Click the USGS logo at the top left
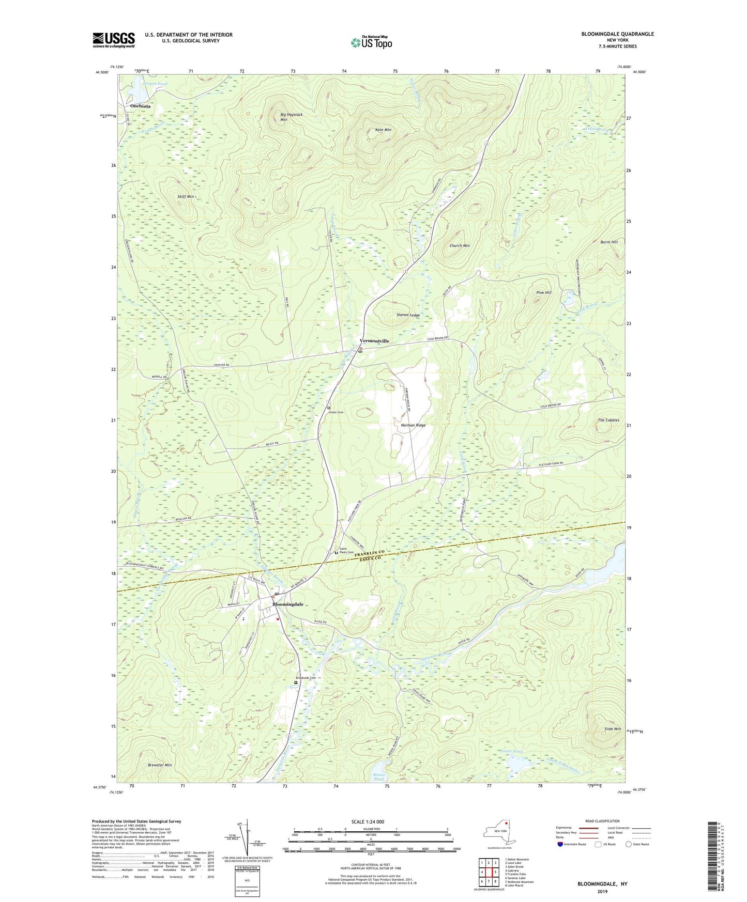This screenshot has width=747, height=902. point(113,40)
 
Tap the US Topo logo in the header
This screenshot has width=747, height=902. point(371,42)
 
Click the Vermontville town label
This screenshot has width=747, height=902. point(374,341)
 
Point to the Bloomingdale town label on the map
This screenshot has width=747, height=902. point(288,604)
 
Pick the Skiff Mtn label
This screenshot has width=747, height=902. point(185,197)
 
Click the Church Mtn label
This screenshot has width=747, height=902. point(460,245)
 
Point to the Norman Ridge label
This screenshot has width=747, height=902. point(413,425)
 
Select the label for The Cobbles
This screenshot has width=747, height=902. point(608,420)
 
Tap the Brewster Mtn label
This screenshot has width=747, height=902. point(160,765)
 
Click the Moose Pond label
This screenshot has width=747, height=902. point(379,776)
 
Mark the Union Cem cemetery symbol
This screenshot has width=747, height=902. point(329,408)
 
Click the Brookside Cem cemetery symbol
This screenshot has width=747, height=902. point(296,682)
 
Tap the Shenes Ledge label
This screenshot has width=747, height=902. point(408,315)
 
